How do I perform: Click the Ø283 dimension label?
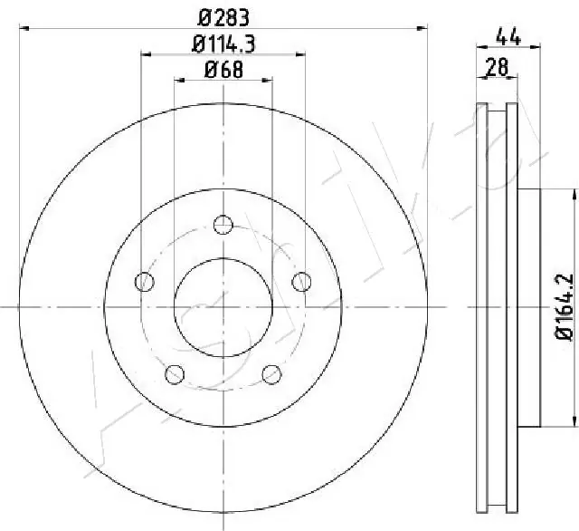click(x=223, y=16)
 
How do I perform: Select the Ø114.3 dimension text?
click(x=223, y=42)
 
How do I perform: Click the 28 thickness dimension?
click(x=496, y=66)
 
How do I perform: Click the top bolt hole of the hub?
click(x=223, y=225)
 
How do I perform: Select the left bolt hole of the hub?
click(x=143, y=282)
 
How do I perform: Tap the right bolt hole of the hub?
click(x=301, y=282)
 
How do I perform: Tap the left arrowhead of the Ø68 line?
click(x=177, y=81)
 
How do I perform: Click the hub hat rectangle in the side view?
click(x=529, y=306)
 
